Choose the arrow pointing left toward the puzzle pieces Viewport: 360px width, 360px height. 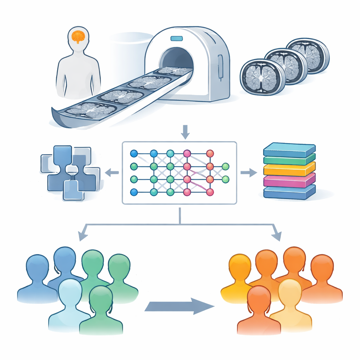click(112, 172)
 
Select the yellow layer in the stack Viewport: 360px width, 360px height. click(289, 170)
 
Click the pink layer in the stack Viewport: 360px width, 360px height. click(289, 181)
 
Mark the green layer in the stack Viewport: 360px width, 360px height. click(289, 160)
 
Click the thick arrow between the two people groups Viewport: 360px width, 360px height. click(179, 306)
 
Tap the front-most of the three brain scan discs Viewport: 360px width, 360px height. click(258, 77)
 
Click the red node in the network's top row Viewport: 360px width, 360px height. click(210, 154)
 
